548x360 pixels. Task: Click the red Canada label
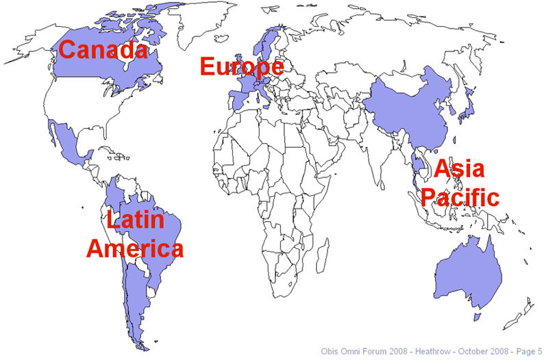pyautogui.click(x=103, y=50)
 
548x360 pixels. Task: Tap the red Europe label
pyautogui.click(x=241, y=67)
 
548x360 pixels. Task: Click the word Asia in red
pyautogui.click(x=459, y=169)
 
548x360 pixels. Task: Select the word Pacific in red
pyautogui.click(x=459, y=197)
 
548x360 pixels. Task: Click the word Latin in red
pyautogui.click(x=135, y=220)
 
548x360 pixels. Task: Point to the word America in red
pyautogui.click(x=135, y=248)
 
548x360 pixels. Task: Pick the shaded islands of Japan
pyautogui.click(x=466, y=103)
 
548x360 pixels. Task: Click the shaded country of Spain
pyautogui.click(x=236, y=100)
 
